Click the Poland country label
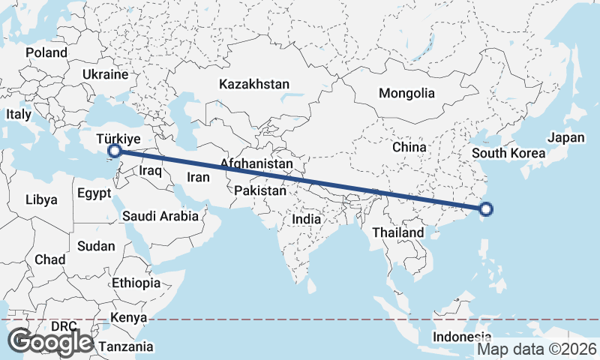(46, 53)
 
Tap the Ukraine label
(106, 75)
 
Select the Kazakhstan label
(254, 84)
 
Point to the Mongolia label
(406, 94)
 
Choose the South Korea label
(508, 154)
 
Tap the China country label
(409, 147)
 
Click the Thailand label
(398, 232)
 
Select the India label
(306, 220)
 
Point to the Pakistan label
(260, 191)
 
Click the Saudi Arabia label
(160, 216)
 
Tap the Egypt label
(94, 193)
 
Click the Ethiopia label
(136, 283)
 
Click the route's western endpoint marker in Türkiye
(115, 151)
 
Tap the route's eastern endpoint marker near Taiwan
(485, 210)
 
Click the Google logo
(50, 342)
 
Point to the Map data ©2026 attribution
(537, 349)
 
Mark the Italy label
(19, 115)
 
